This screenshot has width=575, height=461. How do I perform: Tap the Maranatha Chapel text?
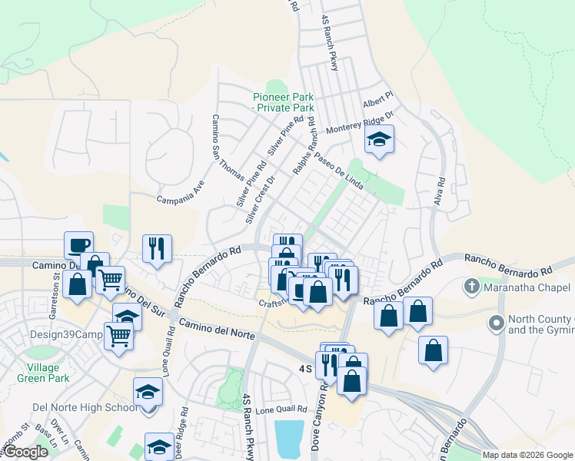[x=526, y=288]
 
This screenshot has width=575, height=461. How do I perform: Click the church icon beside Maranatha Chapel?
[x=472, y=287]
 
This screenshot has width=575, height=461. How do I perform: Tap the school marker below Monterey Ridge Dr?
[x=378, y=141]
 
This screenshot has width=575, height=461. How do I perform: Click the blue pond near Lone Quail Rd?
[x=289, y=439]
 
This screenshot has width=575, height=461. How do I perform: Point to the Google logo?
[x=27, y=452]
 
